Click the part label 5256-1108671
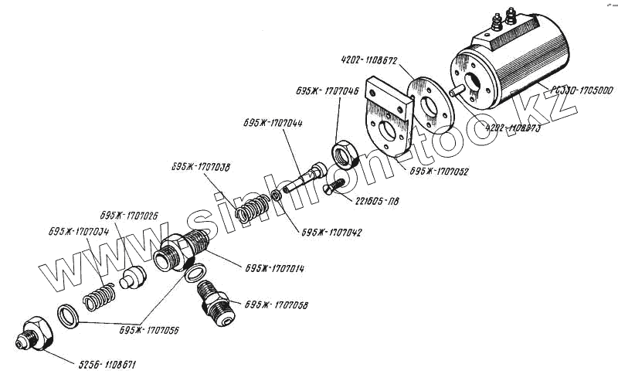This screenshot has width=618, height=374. tap(107, 363)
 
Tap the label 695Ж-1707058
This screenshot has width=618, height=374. tap(276, 305)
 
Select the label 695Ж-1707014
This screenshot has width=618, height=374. tap(274, 269)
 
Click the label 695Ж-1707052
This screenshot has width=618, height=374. tap(440, 172)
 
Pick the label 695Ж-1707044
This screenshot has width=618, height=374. tap(273, 124)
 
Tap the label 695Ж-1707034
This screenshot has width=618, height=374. tap(79, 231)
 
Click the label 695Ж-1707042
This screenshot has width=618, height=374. tap(332, 232)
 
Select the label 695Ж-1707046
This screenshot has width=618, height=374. tap(326, 90)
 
